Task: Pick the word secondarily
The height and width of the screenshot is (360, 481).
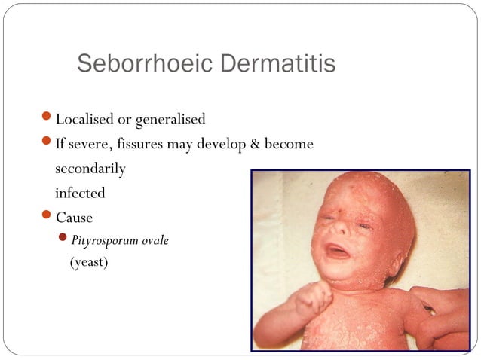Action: coord(90,169)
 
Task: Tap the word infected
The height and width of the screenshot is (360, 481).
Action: coord(79,193)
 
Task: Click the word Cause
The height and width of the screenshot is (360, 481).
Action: coord(74,218)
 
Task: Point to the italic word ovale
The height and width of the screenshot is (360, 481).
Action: coord(154,241)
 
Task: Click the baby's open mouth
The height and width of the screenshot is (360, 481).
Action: coord(337,252)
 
